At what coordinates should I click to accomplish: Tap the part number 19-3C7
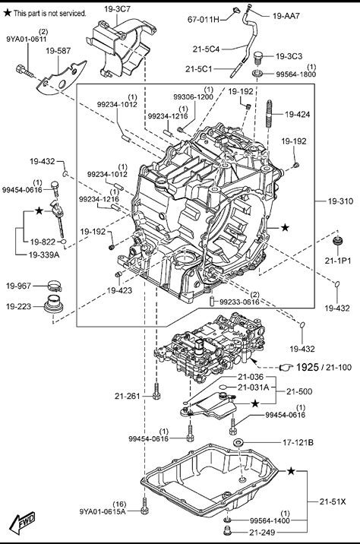[x=117, y=9]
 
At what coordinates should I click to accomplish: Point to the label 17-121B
[x=298, y=442]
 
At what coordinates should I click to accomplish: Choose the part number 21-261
[x=128, y=396]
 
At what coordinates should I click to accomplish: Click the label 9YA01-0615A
[x=103, y=511]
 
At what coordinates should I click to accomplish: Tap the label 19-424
[x=298, y=114]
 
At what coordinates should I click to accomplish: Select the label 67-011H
[x=204, y=20]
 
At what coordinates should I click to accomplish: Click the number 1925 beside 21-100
[x=308, y=367]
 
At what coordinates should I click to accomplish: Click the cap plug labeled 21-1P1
[x=338, y=241]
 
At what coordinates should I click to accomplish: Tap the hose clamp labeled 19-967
[x=55, y=286]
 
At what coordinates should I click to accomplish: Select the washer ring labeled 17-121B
[x=238, y=442]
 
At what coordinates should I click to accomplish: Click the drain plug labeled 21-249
[x=227, y=531]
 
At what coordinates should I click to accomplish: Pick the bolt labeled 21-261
[x=156, y=392]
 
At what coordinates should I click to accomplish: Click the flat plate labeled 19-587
[x=61, y=78]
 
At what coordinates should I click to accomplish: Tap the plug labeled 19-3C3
[x=257, y=58]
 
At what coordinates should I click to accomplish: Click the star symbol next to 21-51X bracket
[x=291, y=471]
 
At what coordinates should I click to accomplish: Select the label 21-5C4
[x=206, y=49]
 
